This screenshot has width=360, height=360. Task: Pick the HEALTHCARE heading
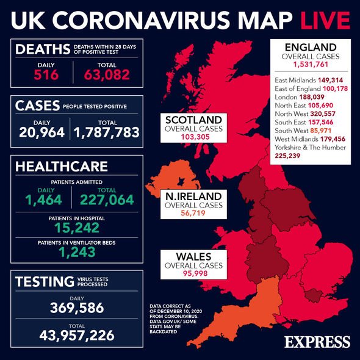pos(62,166)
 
